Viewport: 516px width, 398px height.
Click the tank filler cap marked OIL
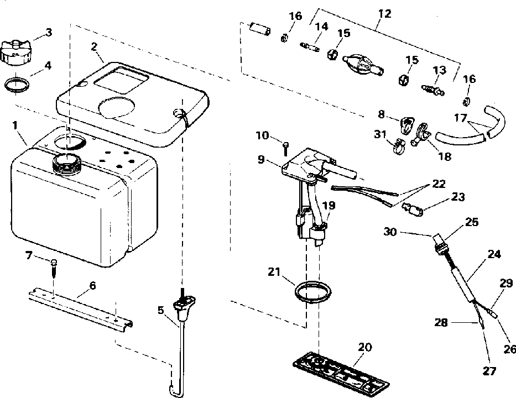(x=16, y=51)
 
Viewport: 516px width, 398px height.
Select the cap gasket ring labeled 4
(x=17, y=85)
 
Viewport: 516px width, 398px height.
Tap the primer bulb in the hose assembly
(x=363, y=64)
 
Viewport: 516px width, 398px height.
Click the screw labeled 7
(x=54, y=267)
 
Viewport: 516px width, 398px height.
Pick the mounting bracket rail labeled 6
(x=81, y=307)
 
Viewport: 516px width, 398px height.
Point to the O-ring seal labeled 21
(x=312, y=291)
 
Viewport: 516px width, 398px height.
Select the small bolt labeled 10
(x=285, y=149)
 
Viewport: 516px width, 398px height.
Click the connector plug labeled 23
(x=413, y=210)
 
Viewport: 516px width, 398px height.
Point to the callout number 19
(x=329, y=206)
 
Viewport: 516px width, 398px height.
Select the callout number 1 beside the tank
(x=14, y=125)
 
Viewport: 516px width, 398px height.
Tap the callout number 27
(x=489, y=371)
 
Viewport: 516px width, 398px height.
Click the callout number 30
(x=390, y=232)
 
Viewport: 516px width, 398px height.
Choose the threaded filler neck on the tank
(x=66, y=163)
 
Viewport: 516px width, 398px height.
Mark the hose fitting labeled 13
(x=432, y=90)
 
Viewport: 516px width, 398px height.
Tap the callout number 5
(x=160, y=310)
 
